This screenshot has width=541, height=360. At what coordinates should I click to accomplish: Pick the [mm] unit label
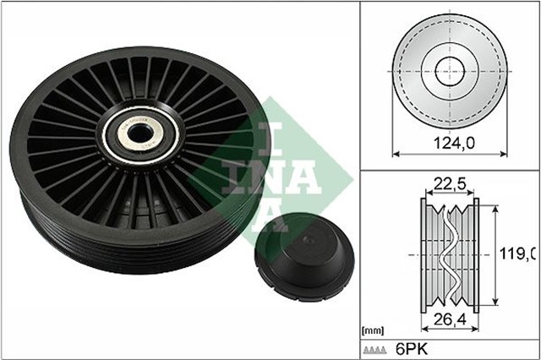pos(371,332)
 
